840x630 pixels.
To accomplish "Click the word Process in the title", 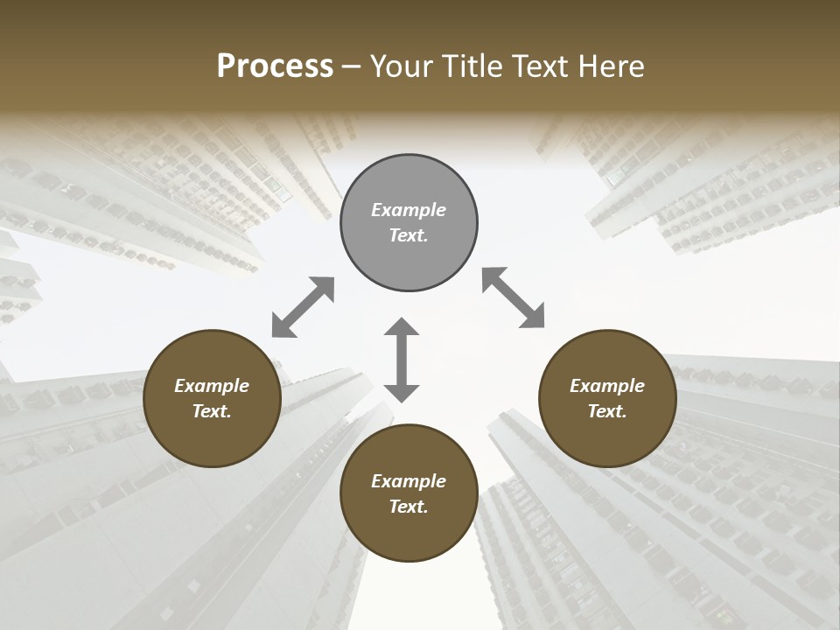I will click(275, 66).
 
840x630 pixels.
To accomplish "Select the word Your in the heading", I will click(401, 66).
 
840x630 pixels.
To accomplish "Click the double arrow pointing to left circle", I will click(303, 307).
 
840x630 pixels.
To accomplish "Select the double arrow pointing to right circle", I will click(514, 297).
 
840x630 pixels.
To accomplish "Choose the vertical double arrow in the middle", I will click(402, 360).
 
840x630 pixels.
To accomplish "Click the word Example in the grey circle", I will click(409, 210).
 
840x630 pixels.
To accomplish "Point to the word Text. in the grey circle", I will click(409, 235).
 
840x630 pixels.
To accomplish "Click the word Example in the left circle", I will click(212, 386).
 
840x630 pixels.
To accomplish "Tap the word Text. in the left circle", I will click(212, 411).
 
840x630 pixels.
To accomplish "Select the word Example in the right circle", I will click(607, 386).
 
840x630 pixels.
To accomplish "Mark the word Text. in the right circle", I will click(607, 411).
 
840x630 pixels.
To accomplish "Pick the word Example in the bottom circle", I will click(409, 481).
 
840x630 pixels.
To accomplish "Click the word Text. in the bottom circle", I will click(409, 507).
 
